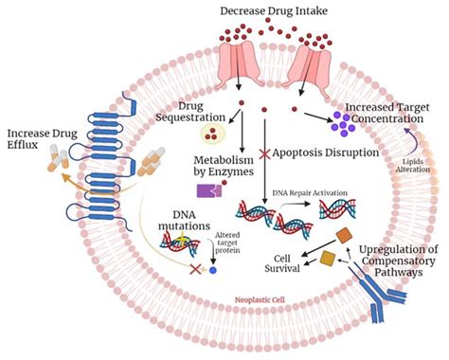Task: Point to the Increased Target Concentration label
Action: point(392,112)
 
